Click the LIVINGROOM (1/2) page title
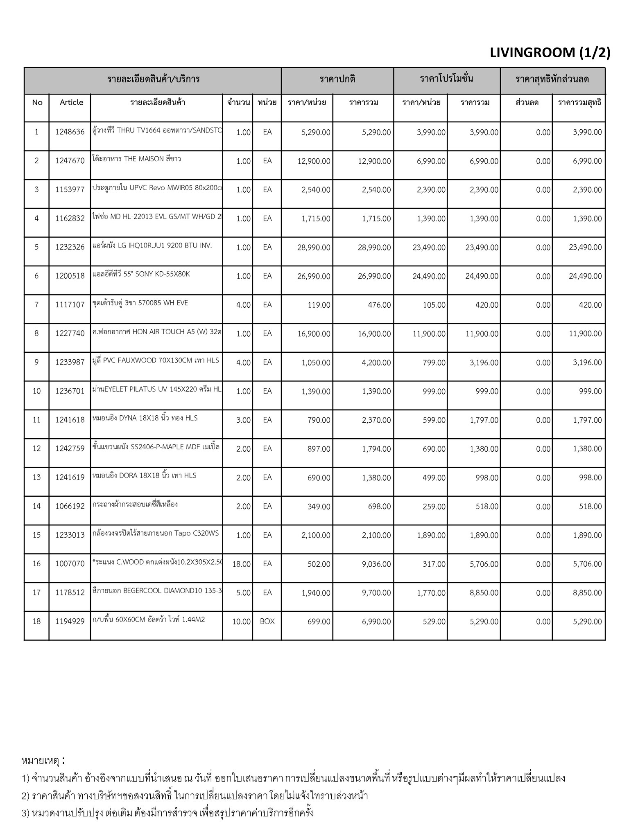(550, 53)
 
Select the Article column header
(71, 102)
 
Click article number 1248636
(70, 132)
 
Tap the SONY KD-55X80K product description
(141, 274)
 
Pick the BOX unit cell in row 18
(267, 621)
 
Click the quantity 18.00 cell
(241, 564)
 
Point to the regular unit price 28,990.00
(313, 248)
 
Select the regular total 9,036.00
(376, 564)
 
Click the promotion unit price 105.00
(434, 305)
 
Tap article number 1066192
(70, 506)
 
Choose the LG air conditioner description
(152, 246)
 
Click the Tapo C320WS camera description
(156, 533)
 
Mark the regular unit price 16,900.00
(313, 334)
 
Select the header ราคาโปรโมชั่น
(446, 79)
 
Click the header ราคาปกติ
(337, 79)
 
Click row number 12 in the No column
(36, 449)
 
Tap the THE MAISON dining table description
(136, 159)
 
